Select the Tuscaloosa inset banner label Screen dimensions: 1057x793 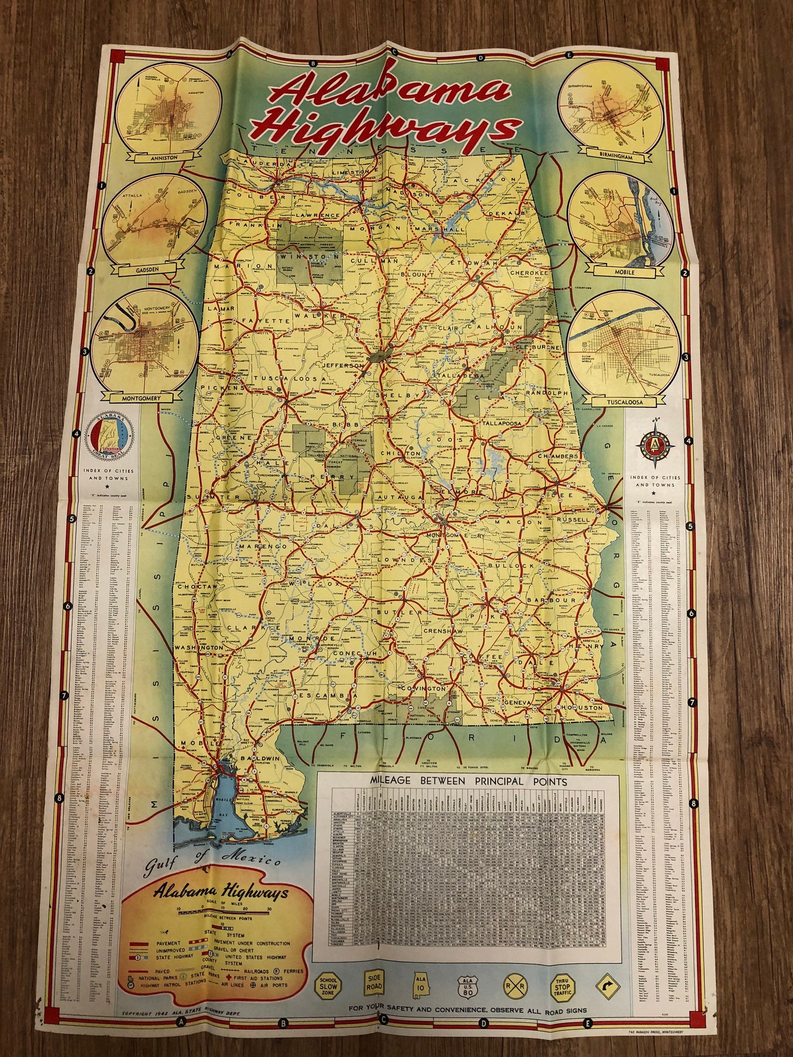click(x=632, y=401)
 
